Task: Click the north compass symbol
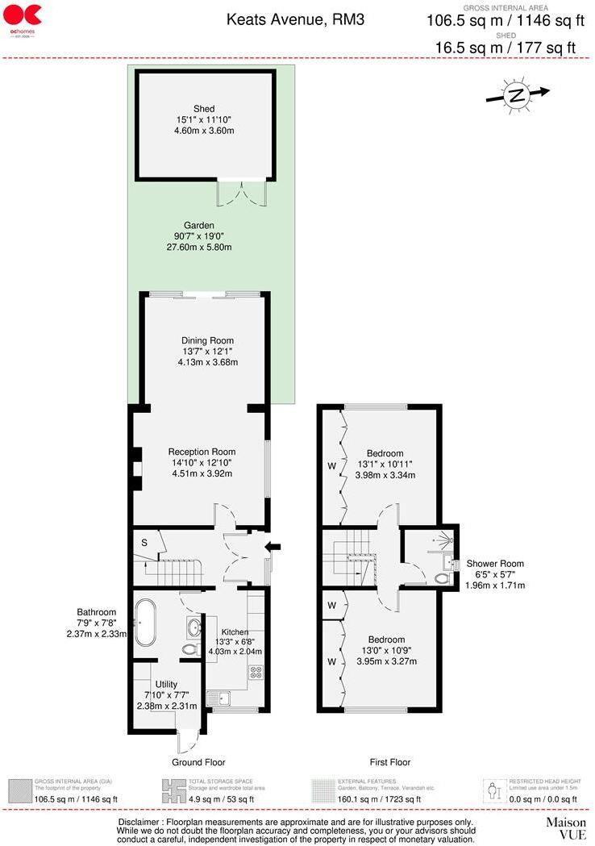[x=516, y=95]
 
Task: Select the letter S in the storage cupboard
[x=144, y=542]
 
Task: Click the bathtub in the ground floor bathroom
[x=147, y=623]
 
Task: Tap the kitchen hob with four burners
[x=257, y=671]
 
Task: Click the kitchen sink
[x=218, y=695]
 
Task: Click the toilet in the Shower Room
[x=441, y=577]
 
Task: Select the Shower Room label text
[x=495, y=564]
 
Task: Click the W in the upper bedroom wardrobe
[x=330, y=465]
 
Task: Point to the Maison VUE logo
[x=566, y=828]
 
